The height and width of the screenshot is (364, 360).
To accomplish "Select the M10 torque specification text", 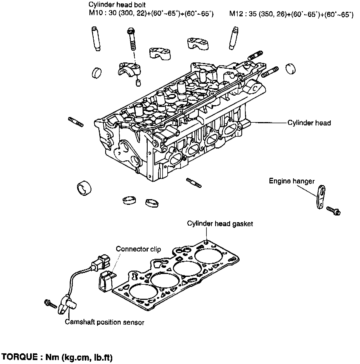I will (x=151, y=14).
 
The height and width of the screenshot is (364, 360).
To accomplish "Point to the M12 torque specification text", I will (x=291, y=14).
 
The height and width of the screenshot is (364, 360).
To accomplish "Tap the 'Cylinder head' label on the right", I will (x=309, y=123).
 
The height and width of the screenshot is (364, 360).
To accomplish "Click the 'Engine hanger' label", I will (x=292, y=181).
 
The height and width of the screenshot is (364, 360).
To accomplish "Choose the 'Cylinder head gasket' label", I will (x=220, y=224).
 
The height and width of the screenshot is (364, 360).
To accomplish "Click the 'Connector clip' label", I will (x=138, y=249).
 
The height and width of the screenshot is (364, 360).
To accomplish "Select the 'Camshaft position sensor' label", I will (x=104, y=322).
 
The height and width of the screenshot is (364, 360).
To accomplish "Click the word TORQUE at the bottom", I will (x=20, y=357).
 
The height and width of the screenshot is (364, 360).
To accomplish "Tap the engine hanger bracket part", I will (x=320, y=197).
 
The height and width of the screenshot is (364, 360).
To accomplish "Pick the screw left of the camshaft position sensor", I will (x=49, y=304).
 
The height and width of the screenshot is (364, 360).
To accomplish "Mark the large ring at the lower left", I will (x=84, y=188).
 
